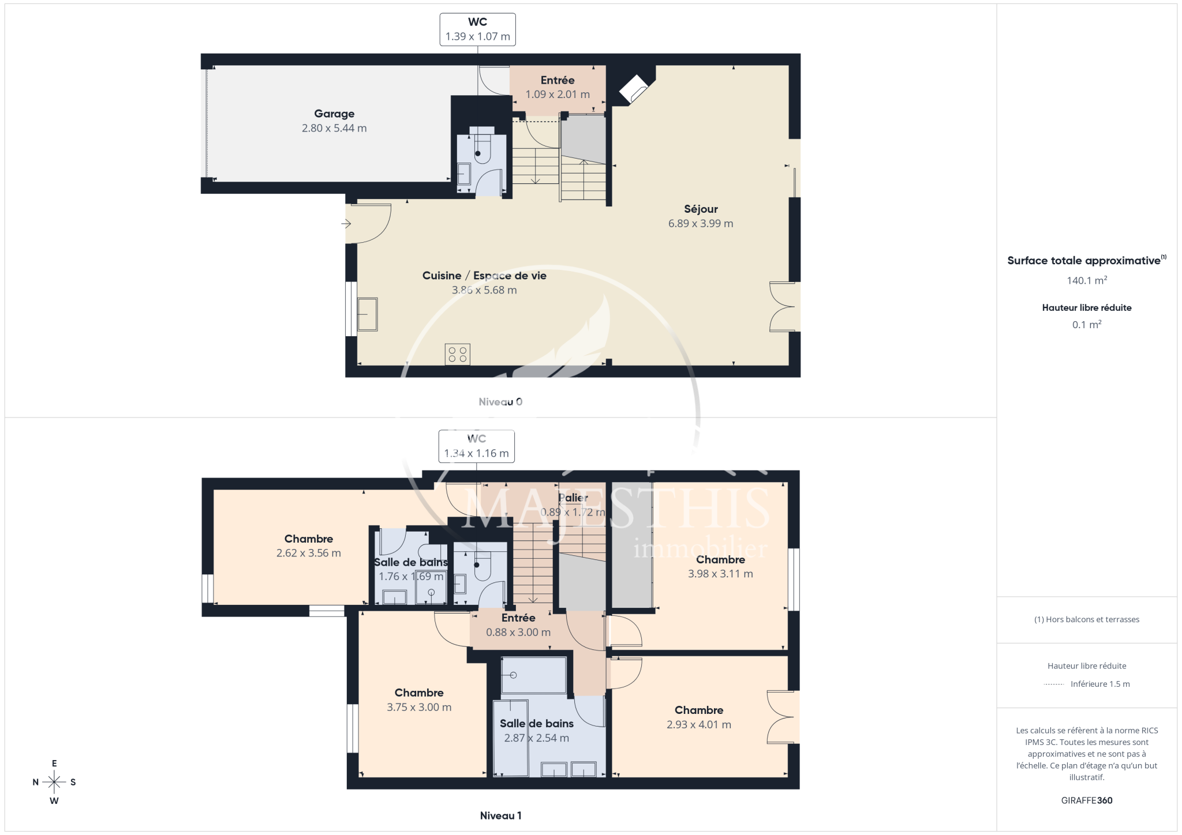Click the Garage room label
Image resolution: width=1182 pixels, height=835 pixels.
(334, 114)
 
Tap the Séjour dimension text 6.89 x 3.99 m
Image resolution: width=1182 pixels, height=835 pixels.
(701, 224)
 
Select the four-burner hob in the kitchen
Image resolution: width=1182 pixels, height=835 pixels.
(457, 355)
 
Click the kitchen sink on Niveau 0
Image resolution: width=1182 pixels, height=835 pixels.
(367, 314)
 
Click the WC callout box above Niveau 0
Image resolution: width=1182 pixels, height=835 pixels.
(477, 29)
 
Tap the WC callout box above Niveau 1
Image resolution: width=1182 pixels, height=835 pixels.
(476, 446)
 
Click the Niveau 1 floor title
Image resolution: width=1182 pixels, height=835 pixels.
(500, 815)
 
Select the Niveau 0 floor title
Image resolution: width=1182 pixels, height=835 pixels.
(500, 402)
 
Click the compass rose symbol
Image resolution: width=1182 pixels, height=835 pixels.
(54, 782)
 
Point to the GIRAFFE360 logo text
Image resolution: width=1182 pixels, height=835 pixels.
(1087, 800)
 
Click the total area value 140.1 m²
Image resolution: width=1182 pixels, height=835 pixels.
(1087, 281)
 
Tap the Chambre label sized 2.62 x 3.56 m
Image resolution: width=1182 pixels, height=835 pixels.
(309, 539)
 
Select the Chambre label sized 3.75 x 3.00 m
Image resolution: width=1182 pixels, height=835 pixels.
(419, 693)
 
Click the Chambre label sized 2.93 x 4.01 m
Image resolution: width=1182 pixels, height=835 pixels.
(699, 710)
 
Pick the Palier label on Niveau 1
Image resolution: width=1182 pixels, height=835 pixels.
(573, 498)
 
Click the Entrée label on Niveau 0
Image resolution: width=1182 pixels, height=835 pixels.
(558, 81)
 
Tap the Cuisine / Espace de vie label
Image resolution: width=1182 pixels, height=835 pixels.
(484, 276)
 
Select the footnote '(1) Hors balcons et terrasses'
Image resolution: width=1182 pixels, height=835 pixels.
(1087, 619)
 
